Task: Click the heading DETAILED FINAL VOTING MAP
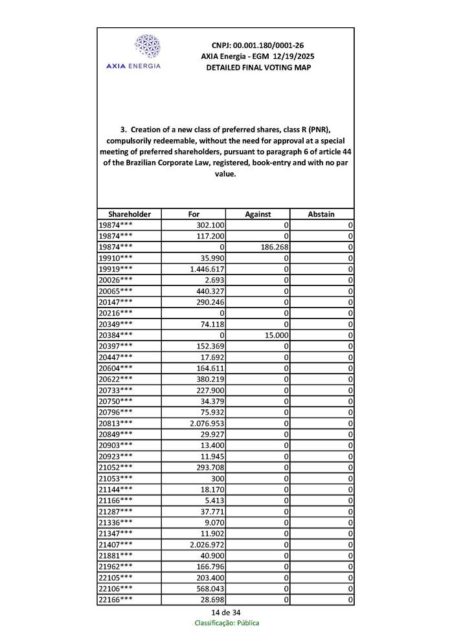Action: [x=258, y=67]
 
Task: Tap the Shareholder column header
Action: [x=130, y=214]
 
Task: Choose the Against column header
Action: [x=258, y=214]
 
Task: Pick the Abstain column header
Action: [x=321, y=214]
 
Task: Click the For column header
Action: [x=194, y=214]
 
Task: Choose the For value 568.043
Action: [x=210, y=589]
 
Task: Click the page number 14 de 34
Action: [x=226, y=612]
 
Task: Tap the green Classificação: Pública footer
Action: [x=227, y=623]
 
